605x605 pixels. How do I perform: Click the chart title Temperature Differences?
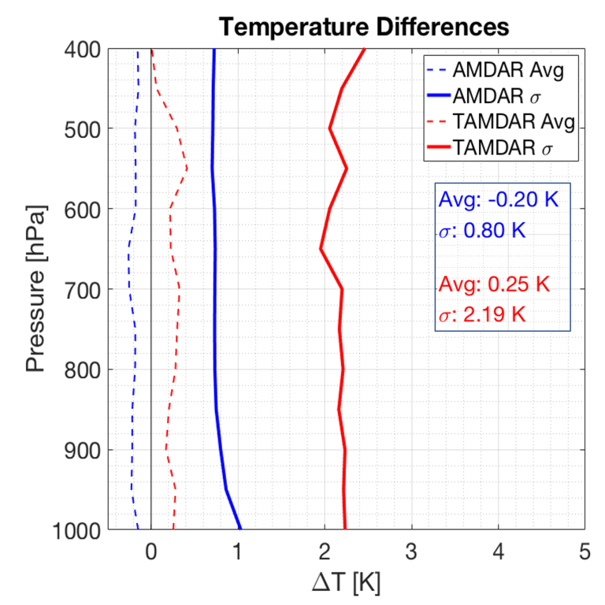pos(364,28)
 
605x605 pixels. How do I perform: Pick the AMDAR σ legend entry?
pos(497,95)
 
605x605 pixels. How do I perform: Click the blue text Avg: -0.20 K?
pos(492,199)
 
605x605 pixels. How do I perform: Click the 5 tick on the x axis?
pos(585,551)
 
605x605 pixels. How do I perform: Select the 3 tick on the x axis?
pos(411,551)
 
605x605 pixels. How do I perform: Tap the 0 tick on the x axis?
pos(151,551)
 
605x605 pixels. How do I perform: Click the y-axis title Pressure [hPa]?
pos(35,289)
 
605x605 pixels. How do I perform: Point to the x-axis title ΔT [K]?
pos(347,582)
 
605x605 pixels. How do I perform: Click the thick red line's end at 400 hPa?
pos(364,50)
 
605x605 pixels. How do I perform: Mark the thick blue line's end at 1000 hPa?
pos(239,529)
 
